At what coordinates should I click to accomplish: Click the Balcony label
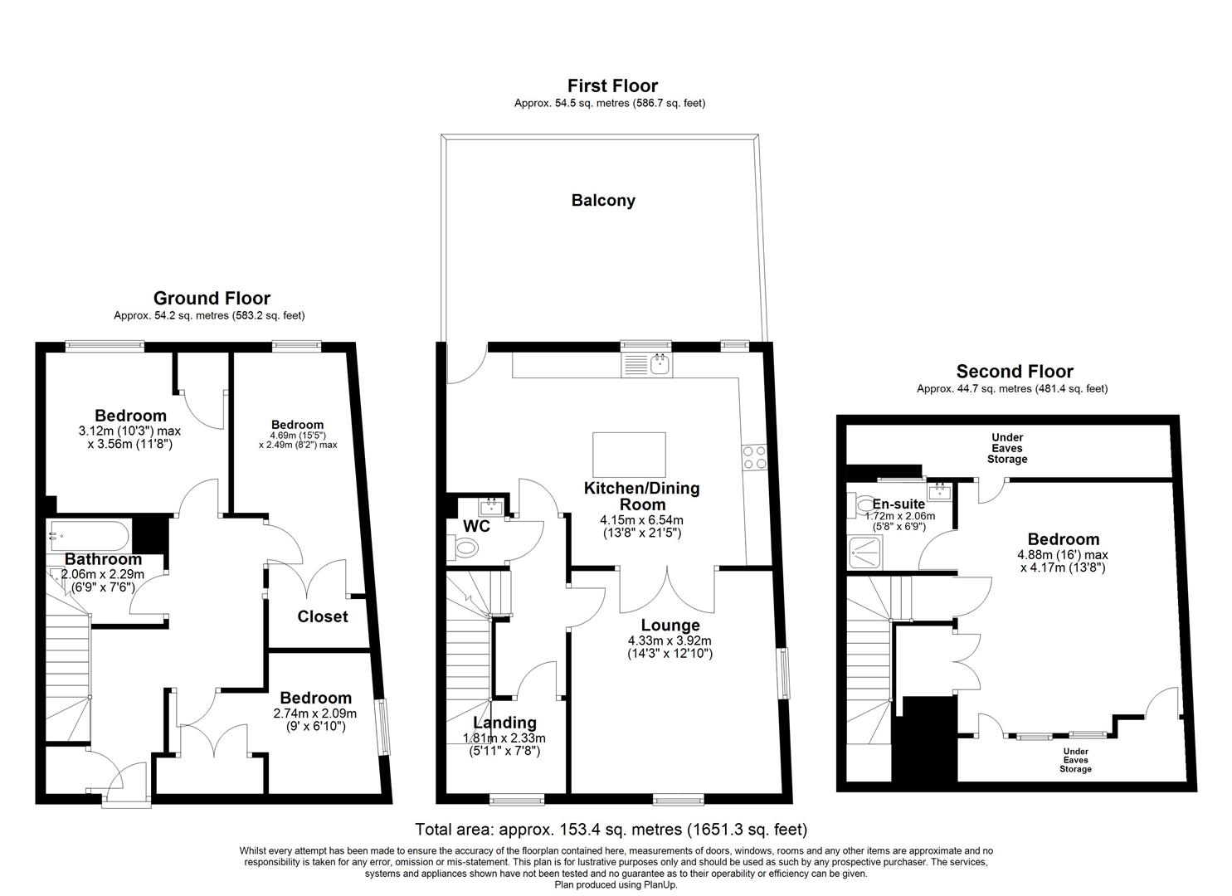tap(603, 200)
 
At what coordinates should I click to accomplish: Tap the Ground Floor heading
tap(212, 298)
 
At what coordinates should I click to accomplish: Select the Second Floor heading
tap(1015, 372)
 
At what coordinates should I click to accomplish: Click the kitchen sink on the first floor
tap(646, 365)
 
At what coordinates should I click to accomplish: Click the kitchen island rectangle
tap(629, 455)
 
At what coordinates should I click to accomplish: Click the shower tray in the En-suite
tap(865, 553)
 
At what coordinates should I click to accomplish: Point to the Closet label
tap(323, 616)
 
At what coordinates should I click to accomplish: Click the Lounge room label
tap(670, 625)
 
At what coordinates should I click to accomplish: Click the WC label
tap(476, 526)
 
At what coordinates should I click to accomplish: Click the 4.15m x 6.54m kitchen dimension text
tap(642, 520)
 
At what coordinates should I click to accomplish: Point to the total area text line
tap(611, 829)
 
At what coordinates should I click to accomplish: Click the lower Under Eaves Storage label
tap(1075, 760)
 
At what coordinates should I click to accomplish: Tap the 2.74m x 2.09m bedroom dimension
tap(315, 714)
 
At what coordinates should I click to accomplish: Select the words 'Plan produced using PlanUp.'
tap(616, 885)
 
